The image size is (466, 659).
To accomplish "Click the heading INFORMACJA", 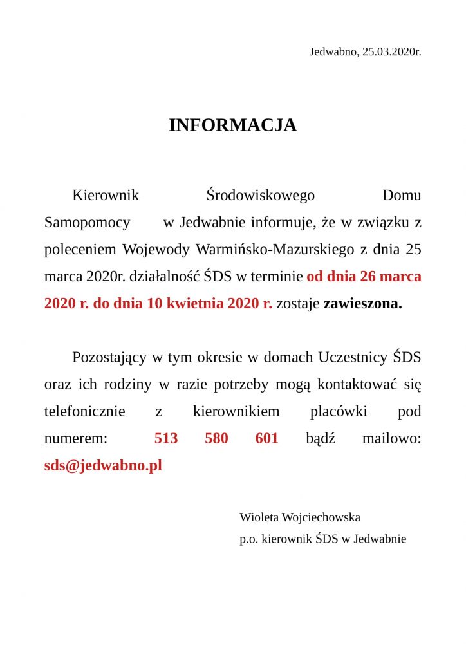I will coord(232,125).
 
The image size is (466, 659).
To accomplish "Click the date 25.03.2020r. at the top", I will coord(391,51).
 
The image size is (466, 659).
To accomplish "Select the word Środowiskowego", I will coord(260,194).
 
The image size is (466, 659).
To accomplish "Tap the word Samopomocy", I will coord(87,223).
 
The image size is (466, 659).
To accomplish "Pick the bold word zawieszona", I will coord(362,304).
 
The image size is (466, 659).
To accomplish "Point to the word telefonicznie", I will coord(84,412).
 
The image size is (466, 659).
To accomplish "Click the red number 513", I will coord(166,439).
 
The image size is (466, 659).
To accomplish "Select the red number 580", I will coord(216,439).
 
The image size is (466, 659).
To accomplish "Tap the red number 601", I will coord(266,439).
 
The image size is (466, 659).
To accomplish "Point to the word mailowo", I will coord(391,439).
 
